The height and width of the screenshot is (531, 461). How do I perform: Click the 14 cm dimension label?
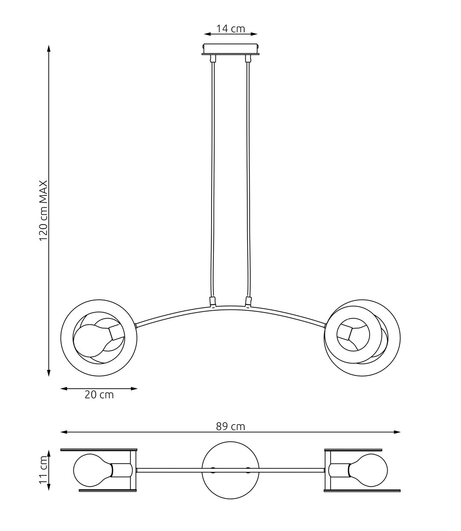tap(230, 29)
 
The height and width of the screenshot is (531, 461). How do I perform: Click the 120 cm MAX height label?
tap(43, 211)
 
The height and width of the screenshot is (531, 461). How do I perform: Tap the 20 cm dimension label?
tap(99, 395)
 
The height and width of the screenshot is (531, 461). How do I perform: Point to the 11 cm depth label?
tap(43, 470)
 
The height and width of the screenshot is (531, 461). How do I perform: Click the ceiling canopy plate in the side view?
tap(230, 49)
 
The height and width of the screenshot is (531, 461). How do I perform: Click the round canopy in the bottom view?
tap(230, 470)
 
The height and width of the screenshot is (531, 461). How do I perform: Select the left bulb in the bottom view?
tap(93, 470)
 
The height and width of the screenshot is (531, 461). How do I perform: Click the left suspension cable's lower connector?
tap(213, 301)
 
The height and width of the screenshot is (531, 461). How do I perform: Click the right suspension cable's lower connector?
tap(248, 301)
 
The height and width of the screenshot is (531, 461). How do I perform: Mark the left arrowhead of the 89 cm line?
tap(64, 432)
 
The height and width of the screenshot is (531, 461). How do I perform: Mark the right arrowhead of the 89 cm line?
tap(397, 432)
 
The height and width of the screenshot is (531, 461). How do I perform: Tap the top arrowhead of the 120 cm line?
tap(49, 49)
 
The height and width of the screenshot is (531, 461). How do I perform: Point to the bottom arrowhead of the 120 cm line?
tap(49, 373)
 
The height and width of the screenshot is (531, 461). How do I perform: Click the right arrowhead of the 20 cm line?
tap(134, 389)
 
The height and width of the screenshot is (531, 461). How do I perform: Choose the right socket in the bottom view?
tap(339, 470)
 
